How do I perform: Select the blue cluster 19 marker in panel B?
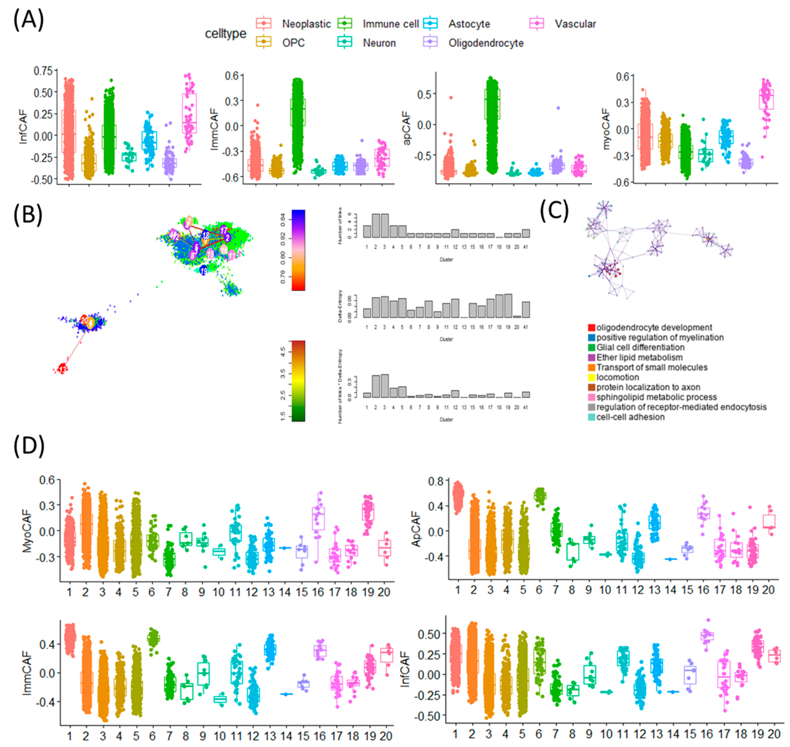coord(204,271)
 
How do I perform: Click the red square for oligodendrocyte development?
coord(591,328)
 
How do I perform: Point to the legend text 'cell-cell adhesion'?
coord(630,417)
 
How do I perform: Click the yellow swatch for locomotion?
coord(591,377)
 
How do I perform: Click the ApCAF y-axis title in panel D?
coord(416,530)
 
